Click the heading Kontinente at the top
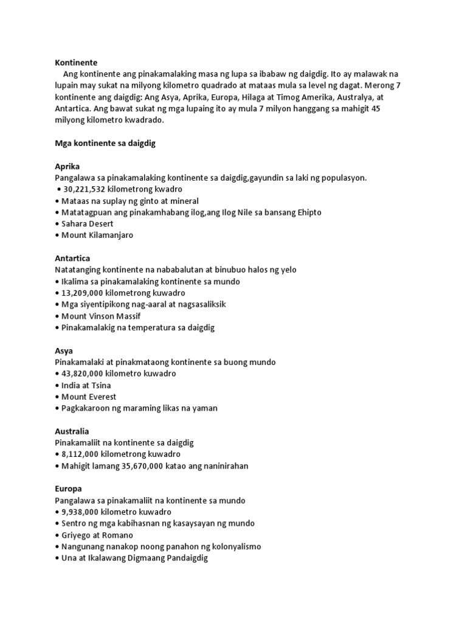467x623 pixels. (76, 62)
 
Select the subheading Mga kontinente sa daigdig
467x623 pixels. (107, 143)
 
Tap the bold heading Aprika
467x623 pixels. (67, 166)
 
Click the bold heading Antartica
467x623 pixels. (72, 258)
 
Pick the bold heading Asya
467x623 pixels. (64, 350)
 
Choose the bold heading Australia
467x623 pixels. (72, 431)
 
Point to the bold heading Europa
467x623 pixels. (68, 489)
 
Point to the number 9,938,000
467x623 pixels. (82, 512)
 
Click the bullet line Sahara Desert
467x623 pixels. (88, 224)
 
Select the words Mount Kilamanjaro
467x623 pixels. (97, 235)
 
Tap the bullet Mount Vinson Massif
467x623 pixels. (99, 316)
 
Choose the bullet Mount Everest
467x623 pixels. (89, 397)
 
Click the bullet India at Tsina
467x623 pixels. (86, 385)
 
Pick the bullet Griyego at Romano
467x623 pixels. (97, 535)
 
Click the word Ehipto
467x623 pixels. (307, 212)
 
